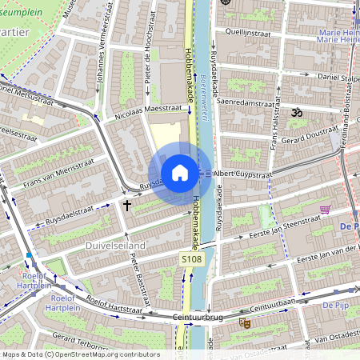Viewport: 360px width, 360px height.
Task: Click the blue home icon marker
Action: (x=180, y=172)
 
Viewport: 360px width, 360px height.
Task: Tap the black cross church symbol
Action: (x=126, y=206)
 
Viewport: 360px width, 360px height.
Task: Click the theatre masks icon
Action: (x=245, y=322)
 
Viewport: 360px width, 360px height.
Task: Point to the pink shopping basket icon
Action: (x=325, y=210)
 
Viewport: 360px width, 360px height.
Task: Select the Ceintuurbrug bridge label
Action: (x=197, y=318)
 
